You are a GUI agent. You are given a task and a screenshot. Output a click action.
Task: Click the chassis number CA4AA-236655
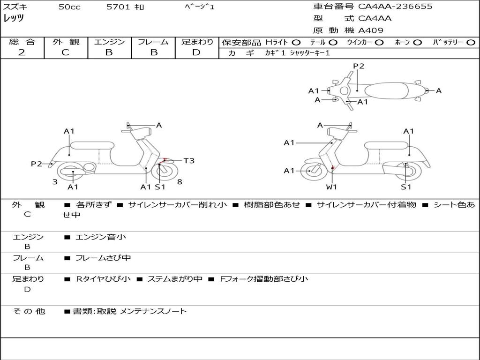395,7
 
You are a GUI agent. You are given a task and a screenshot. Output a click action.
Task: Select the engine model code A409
371,30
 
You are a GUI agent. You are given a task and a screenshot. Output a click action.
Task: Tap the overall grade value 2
22,52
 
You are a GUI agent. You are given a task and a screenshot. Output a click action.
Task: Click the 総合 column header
22,42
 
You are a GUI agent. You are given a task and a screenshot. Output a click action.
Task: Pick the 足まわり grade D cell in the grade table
196,52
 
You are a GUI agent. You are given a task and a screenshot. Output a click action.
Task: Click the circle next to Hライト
296,42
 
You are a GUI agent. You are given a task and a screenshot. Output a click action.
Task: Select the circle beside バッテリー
471,42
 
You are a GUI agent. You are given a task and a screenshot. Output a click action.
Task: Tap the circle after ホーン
417,42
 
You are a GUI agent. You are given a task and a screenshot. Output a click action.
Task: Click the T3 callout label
188,161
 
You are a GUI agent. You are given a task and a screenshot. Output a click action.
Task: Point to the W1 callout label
332,187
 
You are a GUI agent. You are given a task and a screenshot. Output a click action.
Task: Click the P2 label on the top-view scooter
359,66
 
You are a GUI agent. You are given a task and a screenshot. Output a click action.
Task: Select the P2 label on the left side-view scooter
37,164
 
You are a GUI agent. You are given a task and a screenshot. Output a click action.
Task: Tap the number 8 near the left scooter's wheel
180,182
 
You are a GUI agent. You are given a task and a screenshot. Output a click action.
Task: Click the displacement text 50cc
69,7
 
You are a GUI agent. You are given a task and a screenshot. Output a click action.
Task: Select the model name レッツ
14,18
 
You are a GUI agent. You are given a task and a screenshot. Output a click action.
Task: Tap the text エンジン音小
101,237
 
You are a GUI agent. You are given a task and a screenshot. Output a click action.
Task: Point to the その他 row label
29,311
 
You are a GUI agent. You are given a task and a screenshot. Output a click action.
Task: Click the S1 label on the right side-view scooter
406,187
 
